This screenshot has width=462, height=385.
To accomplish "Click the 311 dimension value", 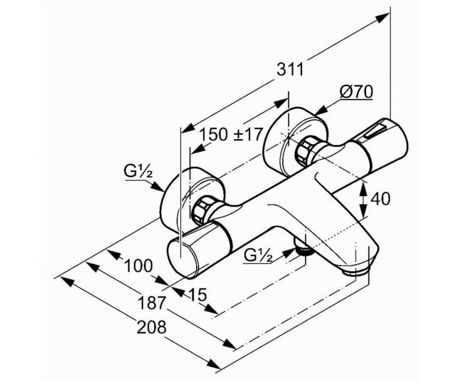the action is (x=290, y=70).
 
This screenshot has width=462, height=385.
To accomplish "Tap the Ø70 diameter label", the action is (x=356, y=92).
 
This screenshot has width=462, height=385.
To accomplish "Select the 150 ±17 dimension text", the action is (x=231, y=134).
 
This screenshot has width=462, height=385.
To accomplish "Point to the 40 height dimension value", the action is (x=380, y=198).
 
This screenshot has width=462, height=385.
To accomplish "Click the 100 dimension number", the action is (x=139, y=266).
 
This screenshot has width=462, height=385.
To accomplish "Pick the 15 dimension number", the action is (x=197, y=294).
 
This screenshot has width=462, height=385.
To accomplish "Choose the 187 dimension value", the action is (x=152, y=303).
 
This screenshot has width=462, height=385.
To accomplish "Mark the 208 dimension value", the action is (x=152, y=327).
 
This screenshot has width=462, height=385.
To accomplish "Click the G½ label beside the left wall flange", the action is (x=138, y=172).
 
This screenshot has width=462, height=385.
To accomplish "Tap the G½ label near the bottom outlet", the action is (x=258, y=256).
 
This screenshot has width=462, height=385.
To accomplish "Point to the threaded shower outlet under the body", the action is (x=303, y=248).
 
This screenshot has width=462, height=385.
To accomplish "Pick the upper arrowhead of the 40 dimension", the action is (x=364, y=188).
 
